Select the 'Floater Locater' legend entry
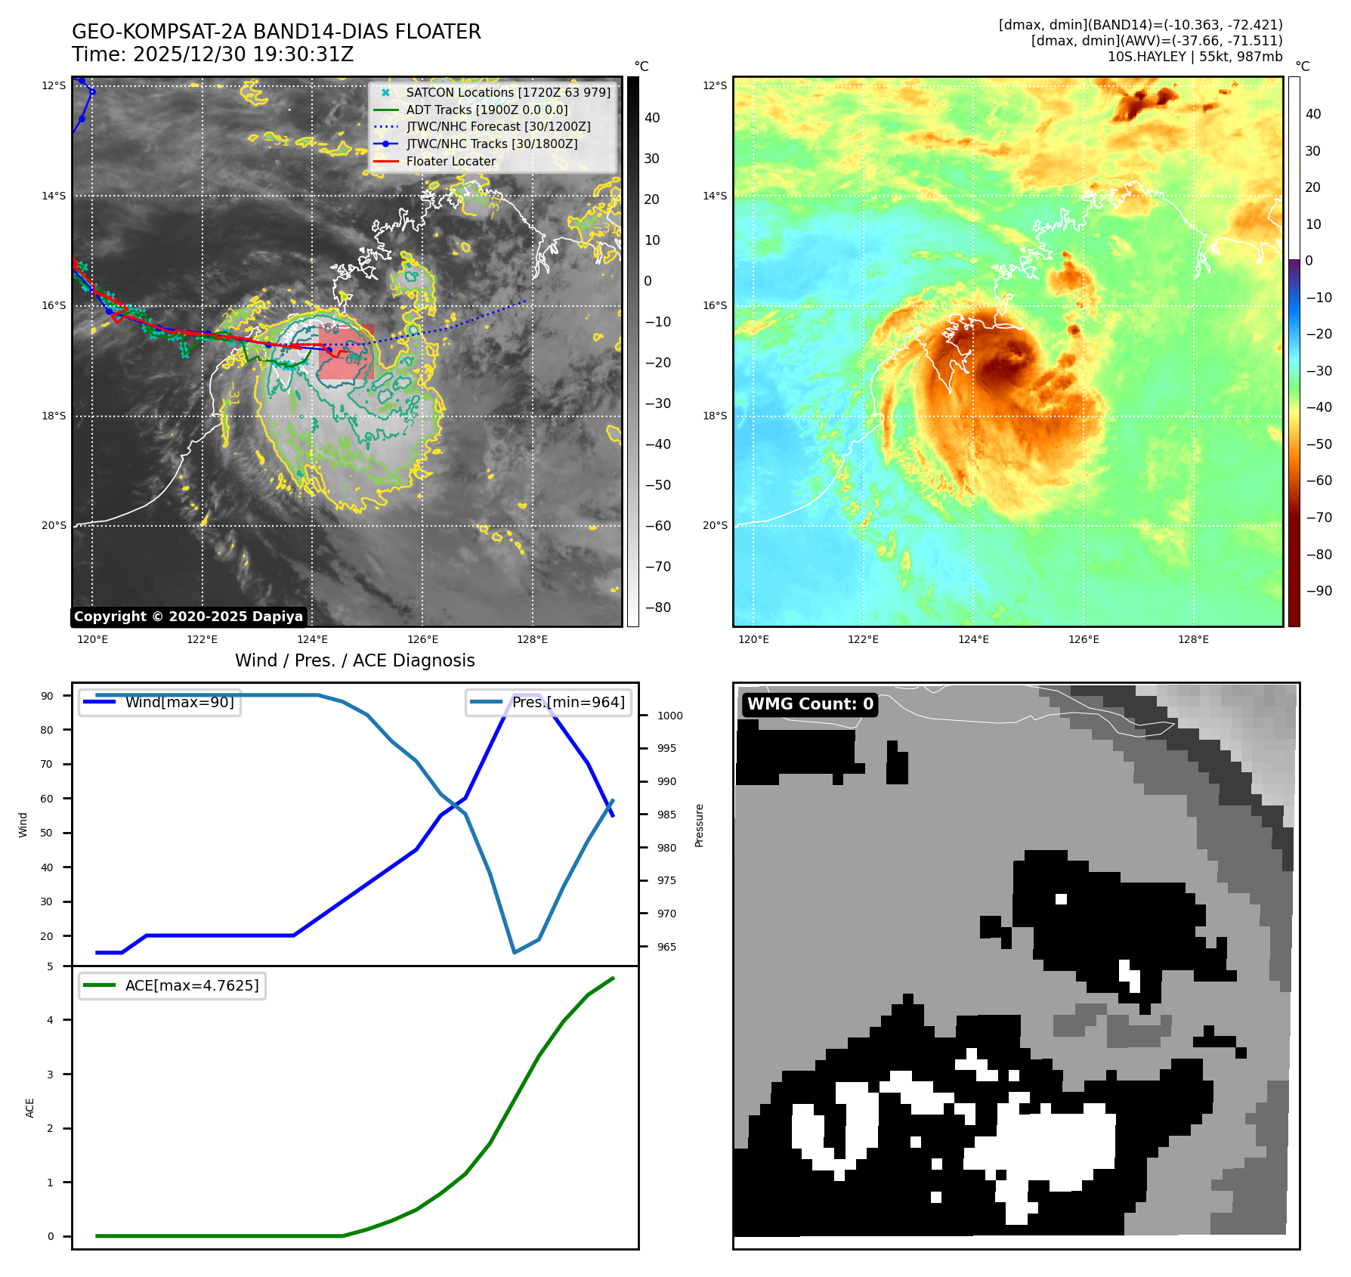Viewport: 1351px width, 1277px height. pos(450,161)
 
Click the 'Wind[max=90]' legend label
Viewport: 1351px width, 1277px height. pos(179,702)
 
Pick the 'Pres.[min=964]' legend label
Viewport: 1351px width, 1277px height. pos(568,702)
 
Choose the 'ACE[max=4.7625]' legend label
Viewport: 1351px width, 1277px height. pos(192,985)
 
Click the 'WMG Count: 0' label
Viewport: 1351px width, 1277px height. pos(810,704)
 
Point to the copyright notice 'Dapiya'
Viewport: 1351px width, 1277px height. pos(188,617)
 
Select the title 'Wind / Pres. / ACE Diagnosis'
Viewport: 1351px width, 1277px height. pos(355,660)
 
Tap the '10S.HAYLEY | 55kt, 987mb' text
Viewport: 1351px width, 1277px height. pos(1195,57)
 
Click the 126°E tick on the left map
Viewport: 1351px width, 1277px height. pos(422,640)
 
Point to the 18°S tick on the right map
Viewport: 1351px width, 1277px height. pos(715,416)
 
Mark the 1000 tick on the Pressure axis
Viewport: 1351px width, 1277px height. pos(669,716)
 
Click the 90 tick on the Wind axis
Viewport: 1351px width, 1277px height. pos(48,696)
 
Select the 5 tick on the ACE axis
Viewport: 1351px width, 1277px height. pos(51,966)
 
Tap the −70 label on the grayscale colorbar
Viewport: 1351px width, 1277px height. pos(657,567)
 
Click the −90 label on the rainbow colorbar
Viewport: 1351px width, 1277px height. pos(1319,591)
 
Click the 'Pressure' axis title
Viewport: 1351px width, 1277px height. pos(700,825)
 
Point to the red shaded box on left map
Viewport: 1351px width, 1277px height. pos(347,352)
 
